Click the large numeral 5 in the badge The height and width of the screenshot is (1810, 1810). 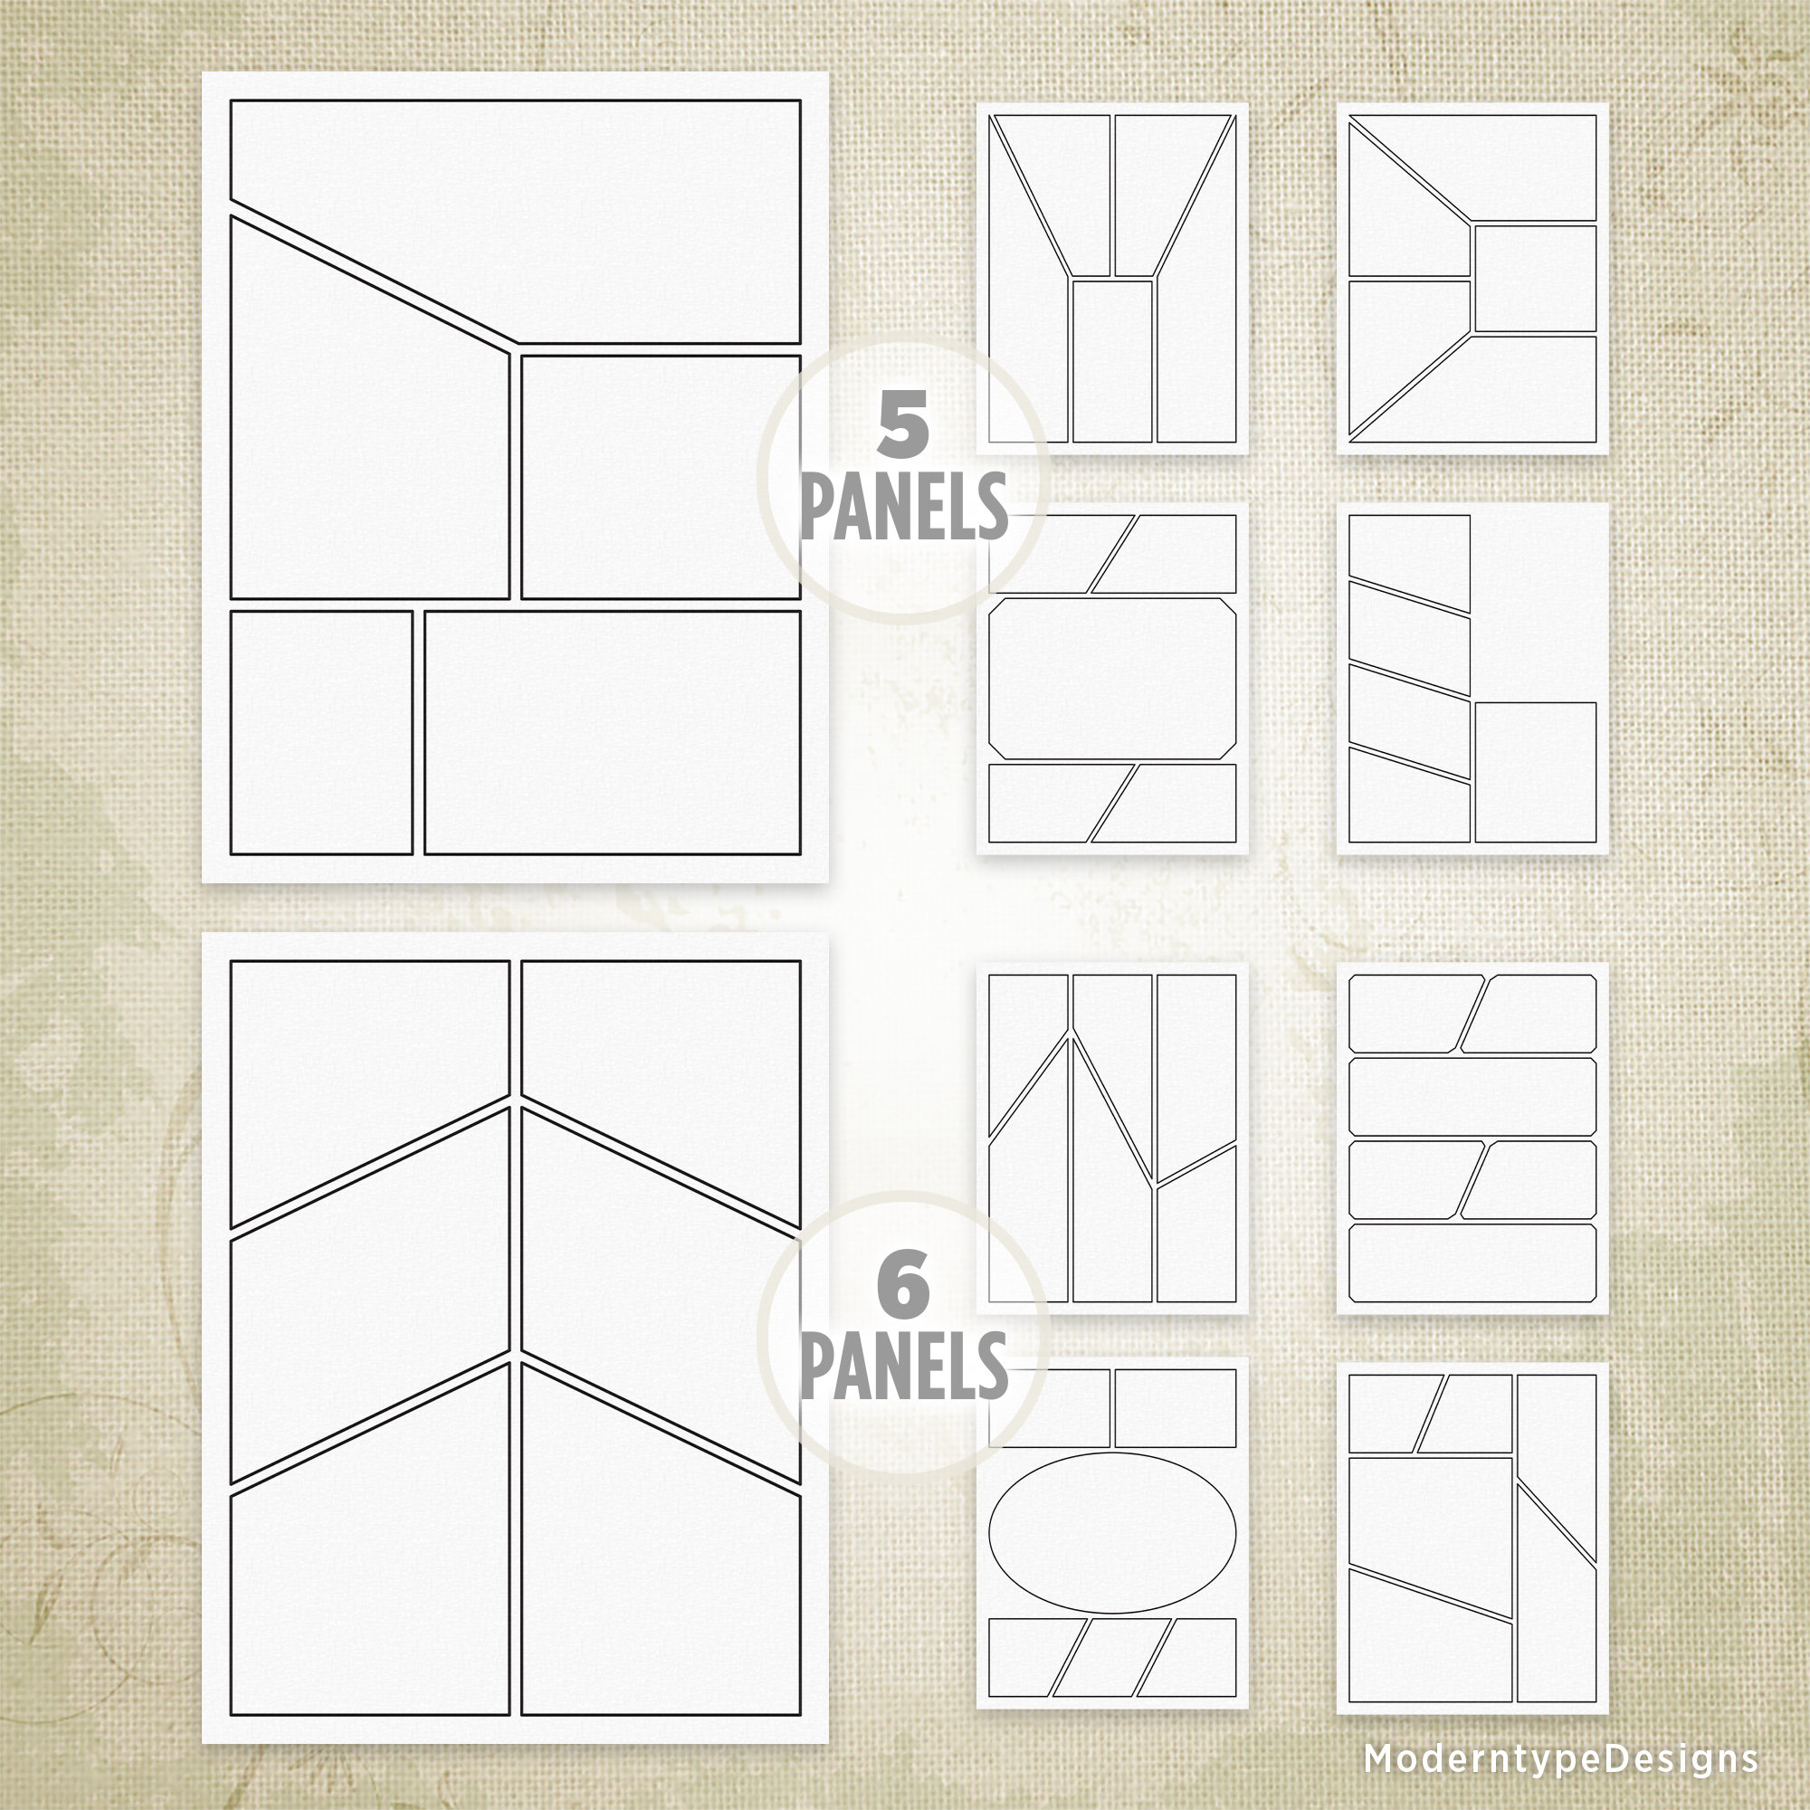coord(902,424)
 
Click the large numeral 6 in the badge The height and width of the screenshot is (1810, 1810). coord(904,1284)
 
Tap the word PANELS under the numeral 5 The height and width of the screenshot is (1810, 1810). coord(904,506)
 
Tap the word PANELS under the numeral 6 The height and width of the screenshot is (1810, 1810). coord(904,1366)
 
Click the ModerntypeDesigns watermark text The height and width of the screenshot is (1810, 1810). coord(1561,1758)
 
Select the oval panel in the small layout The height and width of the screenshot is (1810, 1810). coord(1112,1534)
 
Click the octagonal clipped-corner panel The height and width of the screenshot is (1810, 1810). coord(1112,678)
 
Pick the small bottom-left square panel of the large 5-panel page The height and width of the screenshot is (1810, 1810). coord(321,733)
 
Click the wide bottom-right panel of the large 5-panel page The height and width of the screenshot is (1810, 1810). coord(613,733)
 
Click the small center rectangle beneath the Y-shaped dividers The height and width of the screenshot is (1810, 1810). coord(1112,361)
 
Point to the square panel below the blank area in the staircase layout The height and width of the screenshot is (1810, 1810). coord(1535,772)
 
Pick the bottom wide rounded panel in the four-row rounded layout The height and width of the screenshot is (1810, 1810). coord(1472,1262)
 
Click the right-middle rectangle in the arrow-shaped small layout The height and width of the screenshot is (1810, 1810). coord(1536,278)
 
